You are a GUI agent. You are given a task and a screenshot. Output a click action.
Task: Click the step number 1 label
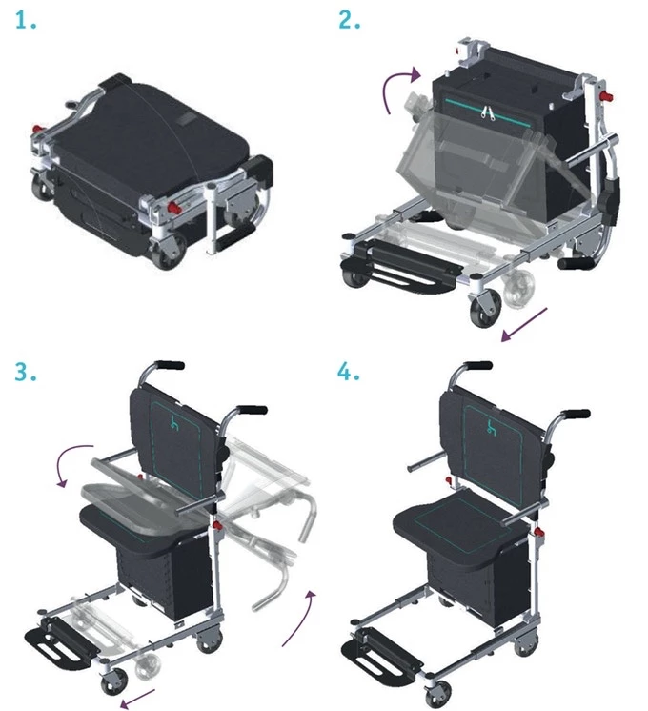[x=26, y=21]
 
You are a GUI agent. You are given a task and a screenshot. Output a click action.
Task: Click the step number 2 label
[x=349, y=21]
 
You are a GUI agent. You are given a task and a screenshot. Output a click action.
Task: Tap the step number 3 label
[x=26, y=373]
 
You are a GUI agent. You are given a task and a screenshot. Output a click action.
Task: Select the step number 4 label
[x=348, y=373]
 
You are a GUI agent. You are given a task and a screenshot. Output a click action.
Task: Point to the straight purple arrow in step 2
[x=524, y=325]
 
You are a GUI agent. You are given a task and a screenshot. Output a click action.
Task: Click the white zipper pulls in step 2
[x=488, y=112]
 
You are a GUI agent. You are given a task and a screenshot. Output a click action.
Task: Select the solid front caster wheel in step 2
[x=486, y=309]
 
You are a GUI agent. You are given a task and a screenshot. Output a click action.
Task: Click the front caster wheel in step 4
[x=438, y=692]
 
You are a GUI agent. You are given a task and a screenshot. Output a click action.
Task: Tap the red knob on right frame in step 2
[x=607, y=96]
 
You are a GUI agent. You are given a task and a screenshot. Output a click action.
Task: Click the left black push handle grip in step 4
[x=477, y=365]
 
